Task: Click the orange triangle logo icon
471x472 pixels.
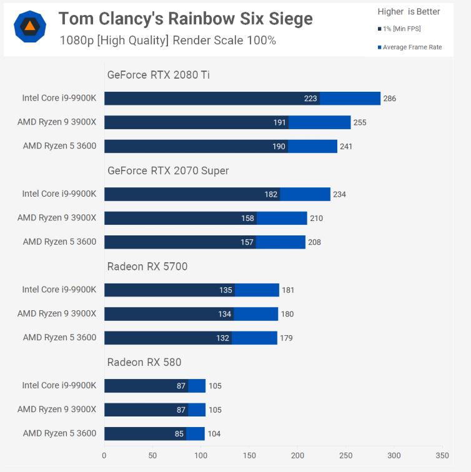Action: [29, 27]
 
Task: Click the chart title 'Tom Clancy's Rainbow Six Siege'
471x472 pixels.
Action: [186, 19]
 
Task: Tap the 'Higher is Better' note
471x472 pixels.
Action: [409, 11]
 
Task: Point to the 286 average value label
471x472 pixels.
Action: [390, 99]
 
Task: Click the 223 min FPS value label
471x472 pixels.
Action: [310, 99]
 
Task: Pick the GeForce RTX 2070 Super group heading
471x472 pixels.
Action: [168, 170]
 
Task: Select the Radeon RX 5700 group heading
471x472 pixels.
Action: [147, 267]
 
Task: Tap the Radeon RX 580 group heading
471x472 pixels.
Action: [144, 362]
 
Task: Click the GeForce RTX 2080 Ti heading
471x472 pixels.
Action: [159, 75]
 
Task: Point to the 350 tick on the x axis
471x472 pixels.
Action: [442, 455]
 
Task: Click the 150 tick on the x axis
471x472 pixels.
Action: [249, 455]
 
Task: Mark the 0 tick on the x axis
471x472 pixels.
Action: [104, 455]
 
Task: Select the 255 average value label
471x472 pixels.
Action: [360, 122]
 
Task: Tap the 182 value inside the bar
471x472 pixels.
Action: [271, 194]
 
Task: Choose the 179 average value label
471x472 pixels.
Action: [286, 338]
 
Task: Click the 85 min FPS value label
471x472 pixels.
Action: [179, 434]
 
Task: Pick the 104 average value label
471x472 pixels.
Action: [214, 434]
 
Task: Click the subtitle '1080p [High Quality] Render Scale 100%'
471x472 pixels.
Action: [168, 41]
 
